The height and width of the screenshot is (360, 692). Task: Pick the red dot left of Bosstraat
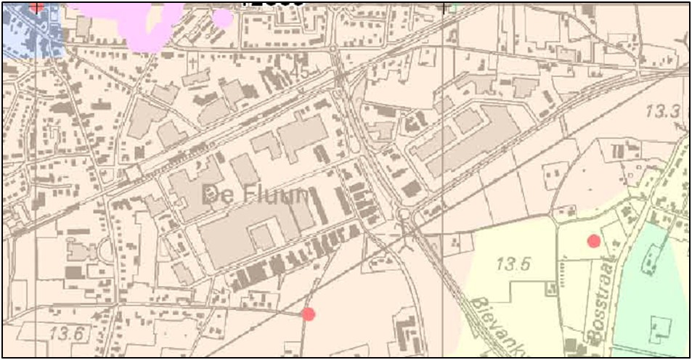coord(594,241)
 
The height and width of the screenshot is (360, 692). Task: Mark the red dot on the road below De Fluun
coord(309,314)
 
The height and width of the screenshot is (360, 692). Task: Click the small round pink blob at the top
coord(224,17)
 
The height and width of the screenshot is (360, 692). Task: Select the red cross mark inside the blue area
coord(37,7)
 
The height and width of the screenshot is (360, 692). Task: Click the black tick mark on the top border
coord(444,7)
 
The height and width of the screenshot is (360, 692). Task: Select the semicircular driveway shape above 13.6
coord(105,251)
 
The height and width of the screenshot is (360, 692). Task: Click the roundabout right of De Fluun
coord(403,214)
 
